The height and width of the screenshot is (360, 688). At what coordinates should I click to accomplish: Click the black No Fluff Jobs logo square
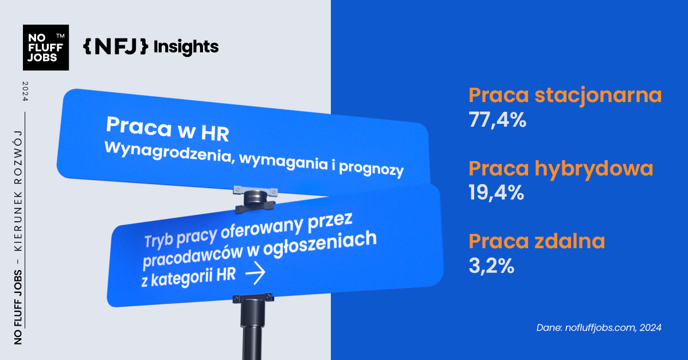46,48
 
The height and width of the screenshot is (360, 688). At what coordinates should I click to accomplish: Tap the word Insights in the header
186,46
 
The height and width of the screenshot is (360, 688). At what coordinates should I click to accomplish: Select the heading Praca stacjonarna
565,95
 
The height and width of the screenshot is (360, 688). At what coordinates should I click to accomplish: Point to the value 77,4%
497,121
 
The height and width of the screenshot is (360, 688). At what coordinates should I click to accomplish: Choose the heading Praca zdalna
537,241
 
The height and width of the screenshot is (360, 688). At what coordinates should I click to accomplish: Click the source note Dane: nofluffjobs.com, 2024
599,328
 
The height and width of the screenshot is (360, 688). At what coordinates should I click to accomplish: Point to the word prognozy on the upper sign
372,169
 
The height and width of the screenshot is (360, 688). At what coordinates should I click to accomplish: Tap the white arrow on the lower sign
255,275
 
